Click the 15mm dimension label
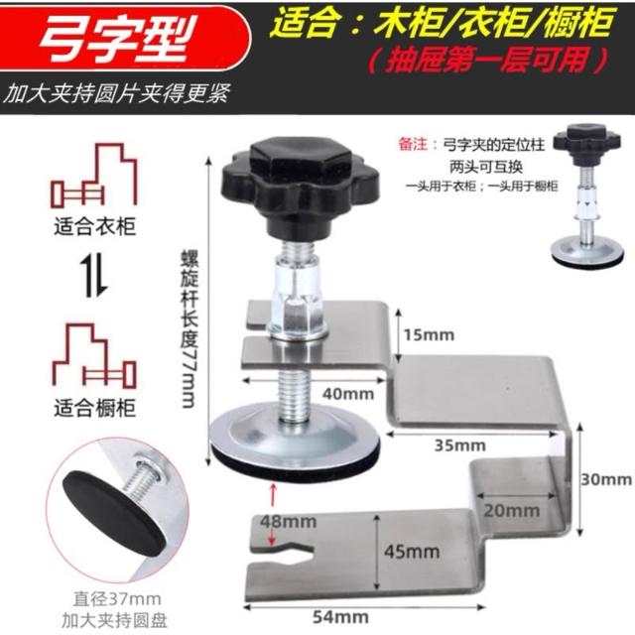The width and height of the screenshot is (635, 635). click(x=429, y=335)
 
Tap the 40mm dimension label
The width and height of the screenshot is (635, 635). click(x=348, y=394)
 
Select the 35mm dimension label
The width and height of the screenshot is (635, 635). click(x=460, y=445)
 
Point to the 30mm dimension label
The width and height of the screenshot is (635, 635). click(x=606, y=480)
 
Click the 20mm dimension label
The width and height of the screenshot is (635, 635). click(x=511, y=511)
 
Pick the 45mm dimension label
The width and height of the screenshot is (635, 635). click(x=412, y=552)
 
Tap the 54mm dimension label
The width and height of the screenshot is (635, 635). click(x=340, y=617)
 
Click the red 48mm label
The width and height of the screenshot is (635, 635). click(x=289, y=522)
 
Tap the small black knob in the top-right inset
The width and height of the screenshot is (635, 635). click(x=586, y=146)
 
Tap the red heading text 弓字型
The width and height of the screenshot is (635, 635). click(x=117, y=38)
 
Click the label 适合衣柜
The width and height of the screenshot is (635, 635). click(x=95, y=227)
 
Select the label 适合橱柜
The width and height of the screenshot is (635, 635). click(x=95, y=408)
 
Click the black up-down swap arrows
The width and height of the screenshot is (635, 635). click(x=94, y=277)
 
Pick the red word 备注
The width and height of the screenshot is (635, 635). click(x=413, y=145)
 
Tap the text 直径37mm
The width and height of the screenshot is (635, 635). click(x=117, y=599)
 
